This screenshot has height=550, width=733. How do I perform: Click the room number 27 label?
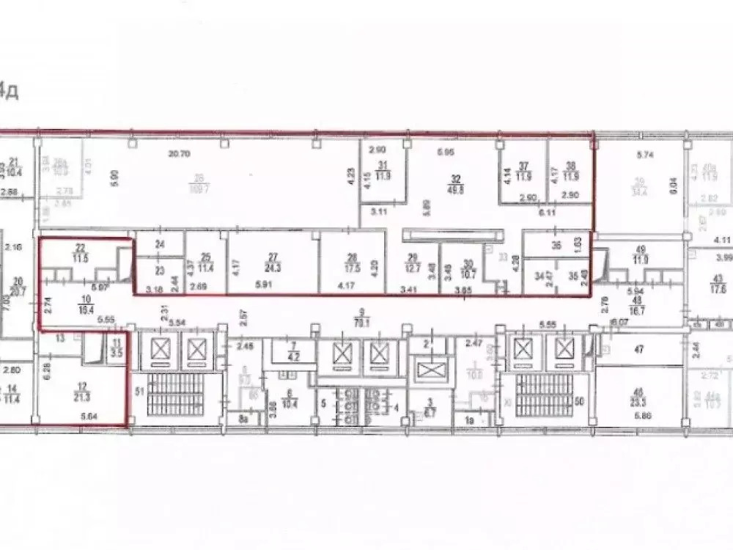coord(273,257)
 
